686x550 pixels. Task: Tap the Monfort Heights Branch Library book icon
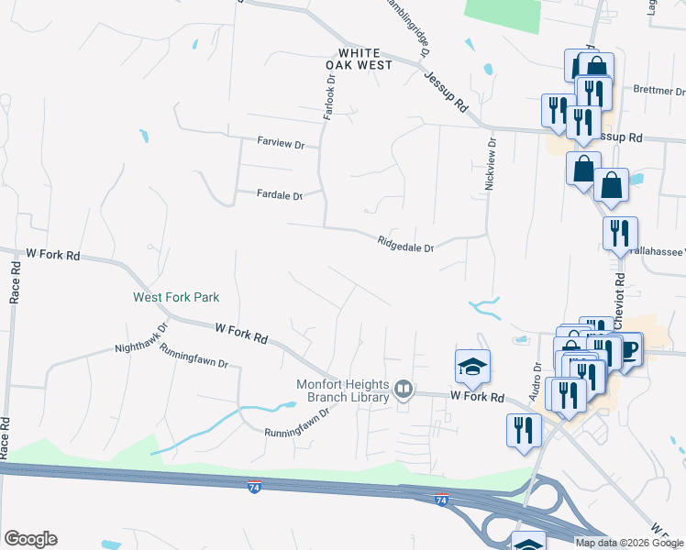click(x=403, y=390)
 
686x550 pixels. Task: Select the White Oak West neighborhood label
click(x=360, y=60)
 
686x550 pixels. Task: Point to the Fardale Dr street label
click(x=280, y=194)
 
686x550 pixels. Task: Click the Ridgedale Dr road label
click(x=404, y=244)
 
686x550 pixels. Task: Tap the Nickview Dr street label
click(x=490, y=165)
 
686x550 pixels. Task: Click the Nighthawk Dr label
click(x=142, y=336)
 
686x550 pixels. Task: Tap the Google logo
click(x=30, y=539)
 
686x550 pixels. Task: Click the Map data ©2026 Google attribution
click(x=628, y=543)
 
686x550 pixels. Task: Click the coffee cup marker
click(x=629, y=349)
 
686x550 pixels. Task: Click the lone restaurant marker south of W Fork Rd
click(x=524, y=430)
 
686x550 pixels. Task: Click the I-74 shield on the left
click(x=254, y=485)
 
